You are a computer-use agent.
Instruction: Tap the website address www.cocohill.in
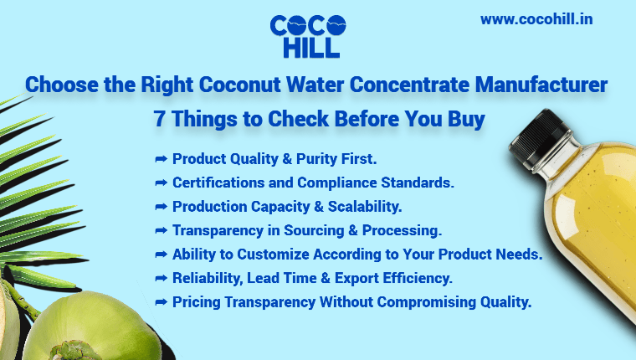point(537,18)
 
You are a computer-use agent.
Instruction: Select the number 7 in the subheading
point(159,119)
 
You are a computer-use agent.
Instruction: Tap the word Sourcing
point(334,229)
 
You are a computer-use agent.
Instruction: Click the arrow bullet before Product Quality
point(162,158)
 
